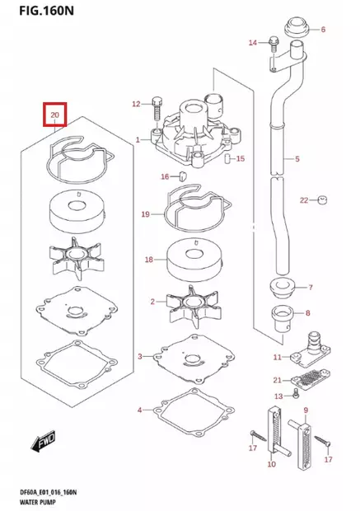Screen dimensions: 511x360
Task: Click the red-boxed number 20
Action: [x=54, y=115]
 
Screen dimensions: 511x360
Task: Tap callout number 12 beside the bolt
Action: [x=137, y=104]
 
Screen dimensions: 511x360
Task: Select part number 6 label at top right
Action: [x=322, y=30]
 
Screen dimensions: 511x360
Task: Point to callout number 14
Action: [x=253, y=41]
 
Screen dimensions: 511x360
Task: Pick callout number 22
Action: [x=304, y=200]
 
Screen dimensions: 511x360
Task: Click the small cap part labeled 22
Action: [x=324, y=199]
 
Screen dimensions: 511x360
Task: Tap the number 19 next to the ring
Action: [x=145, y=214]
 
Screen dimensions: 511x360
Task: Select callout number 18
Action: [x=149, y=260]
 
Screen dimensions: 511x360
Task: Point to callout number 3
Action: [x=140, y=356]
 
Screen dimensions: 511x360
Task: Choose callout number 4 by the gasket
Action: [x=140, y=410]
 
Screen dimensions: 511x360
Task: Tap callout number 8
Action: [x=308, y=313]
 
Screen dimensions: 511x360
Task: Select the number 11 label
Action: [x=278, y=357]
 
